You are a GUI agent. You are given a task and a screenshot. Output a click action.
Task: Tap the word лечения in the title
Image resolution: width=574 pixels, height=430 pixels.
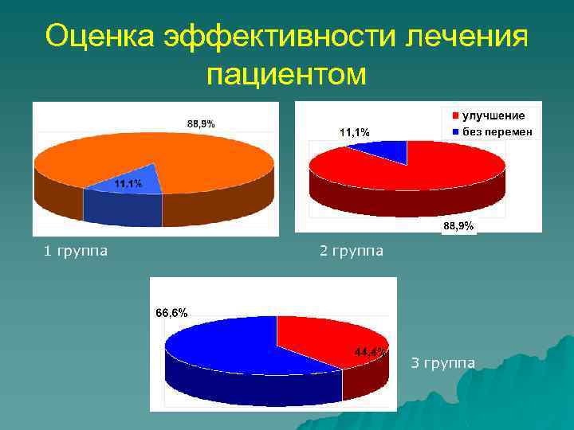coord(466,36)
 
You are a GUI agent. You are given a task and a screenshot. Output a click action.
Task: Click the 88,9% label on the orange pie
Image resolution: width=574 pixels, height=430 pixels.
coord(201,123)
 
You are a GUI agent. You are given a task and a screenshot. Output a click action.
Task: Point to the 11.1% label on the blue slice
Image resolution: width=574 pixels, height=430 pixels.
coord(128,184)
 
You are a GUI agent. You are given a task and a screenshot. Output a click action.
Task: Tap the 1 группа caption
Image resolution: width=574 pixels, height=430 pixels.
coord(77,252)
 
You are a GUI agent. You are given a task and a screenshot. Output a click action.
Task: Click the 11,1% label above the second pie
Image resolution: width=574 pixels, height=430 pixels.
coord(354,132)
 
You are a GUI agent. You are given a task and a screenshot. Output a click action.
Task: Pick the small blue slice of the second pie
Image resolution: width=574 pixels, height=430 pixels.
coord(391,150)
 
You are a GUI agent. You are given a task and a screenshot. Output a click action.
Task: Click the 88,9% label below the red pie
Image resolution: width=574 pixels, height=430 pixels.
coord(458,227)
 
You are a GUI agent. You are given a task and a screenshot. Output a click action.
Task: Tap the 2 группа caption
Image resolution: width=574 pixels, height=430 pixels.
coord(351,252)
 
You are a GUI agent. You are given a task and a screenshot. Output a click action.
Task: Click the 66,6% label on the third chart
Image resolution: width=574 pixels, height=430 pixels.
coord(171,313)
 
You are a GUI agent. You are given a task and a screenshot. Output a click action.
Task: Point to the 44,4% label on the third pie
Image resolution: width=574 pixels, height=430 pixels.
coord(371,351)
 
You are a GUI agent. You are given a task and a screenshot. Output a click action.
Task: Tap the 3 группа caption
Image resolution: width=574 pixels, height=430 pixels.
coord(442,364)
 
